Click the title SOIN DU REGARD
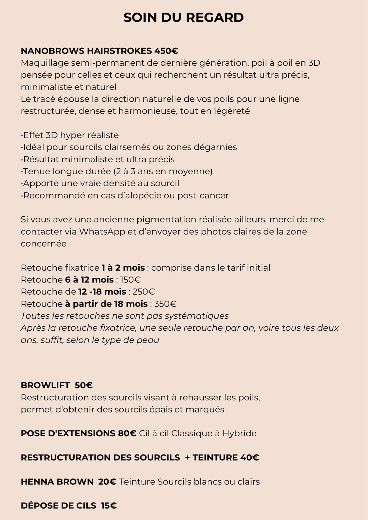click(x=184, y=18)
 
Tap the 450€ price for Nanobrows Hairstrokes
click(x=166, y=51)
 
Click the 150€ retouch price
click(x=130, y=280)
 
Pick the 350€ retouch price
click(x=165, y=304)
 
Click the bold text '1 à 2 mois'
click(x=123, y=268)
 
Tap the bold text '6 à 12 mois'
click(x=89, y=280)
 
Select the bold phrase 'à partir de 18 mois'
click(x=106, y=304)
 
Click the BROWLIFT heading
click(x=45, y=385)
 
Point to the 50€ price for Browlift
click(x=84, y=385)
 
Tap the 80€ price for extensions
click(x=127, y=433)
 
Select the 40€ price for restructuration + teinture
click(x=250, y=457)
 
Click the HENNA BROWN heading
click(x=57, y=482)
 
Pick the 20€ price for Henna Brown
click(x=107, y=482)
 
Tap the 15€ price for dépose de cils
click(x=109, y=506)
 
